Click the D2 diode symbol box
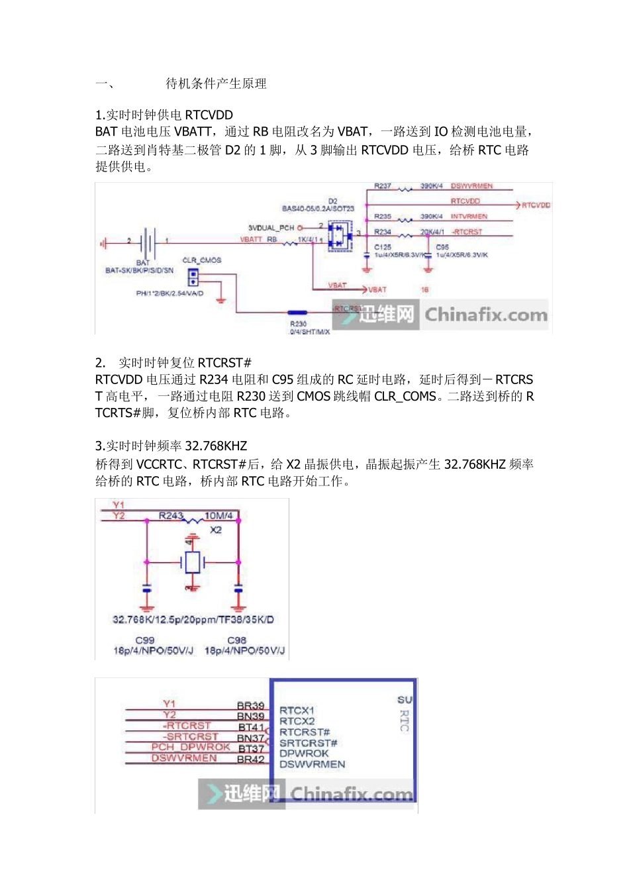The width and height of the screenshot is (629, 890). click(339, 236)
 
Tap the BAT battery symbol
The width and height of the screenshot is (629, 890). click(148, 243)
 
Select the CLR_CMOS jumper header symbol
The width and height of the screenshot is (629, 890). click(193, 275)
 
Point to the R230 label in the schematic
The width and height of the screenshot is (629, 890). click(299, 324)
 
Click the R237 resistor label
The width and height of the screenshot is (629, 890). click(383, 186)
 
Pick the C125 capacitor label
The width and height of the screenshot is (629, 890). click(383, 247)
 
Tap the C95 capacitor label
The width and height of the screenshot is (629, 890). click(442, 247)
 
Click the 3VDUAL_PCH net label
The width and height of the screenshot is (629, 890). click(271, 227)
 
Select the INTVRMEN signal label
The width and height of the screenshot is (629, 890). click(469, 217)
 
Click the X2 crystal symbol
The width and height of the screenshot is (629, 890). click(192, 562)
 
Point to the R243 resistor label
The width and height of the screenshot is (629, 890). click(171, 515)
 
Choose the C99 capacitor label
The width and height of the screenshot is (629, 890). click(145, 640)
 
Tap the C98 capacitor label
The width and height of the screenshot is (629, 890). click(237, 640)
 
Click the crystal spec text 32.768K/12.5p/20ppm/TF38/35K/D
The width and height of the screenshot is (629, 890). click(193, 620)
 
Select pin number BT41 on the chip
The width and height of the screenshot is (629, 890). click(251, 727)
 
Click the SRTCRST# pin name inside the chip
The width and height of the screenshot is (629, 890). click(308, 743)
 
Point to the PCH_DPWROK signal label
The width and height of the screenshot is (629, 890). click(191, 747)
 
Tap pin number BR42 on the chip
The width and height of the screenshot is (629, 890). click(251, 760)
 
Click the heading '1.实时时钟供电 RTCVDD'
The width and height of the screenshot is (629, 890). click(164, 115)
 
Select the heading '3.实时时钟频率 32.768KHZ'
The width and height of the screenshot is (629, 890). click(171, 446)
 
